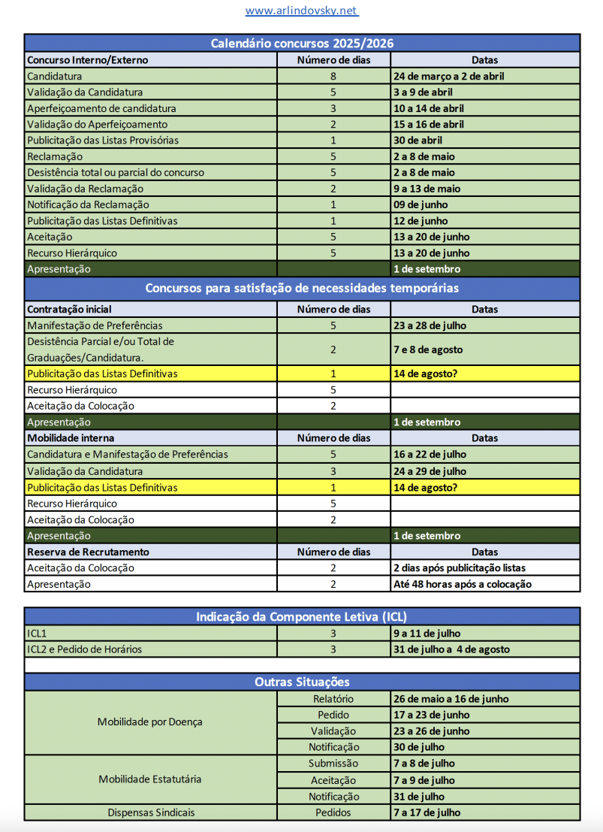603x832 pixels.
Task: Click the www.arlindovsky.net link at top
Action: click(301, 11)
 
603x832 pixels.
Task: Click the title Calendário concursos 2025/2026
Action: click(302, 44)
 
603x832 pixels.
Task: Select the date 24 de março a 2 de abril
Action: click(448, 76)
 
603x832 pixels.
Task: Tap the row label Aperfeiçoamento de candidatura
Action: click(101, 108)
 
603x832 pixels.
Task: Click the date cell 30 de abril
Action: click(418, 141)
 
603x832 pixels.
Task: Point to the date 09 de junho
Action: click(421, 204)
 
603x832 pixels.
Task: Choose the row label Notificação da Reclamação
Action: click(88, 204)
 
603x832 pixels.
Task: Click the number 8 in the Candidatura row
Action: click(333, 76)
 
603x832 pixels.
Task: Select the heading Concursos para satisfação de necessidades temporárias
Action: click(302, 288)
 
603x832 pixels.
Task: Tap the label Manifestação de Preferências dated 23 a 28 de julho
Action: click(95, 325)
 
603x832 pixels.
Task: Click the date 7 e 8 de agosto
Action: click(427, 349)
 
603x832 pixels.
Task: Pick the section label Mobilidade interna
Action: click(71, 437)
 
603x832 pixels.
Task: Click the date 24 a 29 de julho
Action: click(430, 471)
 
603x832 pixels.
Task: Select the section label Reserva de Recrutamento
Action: click(88, 552)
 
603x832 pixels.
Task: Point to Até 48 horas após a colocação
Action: click(462, 584)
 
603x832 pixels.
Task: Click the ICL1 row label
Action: click(38, 633)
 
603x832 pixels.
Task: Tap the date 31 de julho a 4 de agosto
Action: click(451, 649)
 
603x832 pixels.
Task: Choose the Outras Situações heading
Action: click(302, 682)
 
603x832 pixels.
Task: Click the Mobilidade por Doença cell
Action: click(150, 722)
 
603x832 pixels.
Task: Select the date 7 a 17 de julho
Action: click(427, 812)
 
